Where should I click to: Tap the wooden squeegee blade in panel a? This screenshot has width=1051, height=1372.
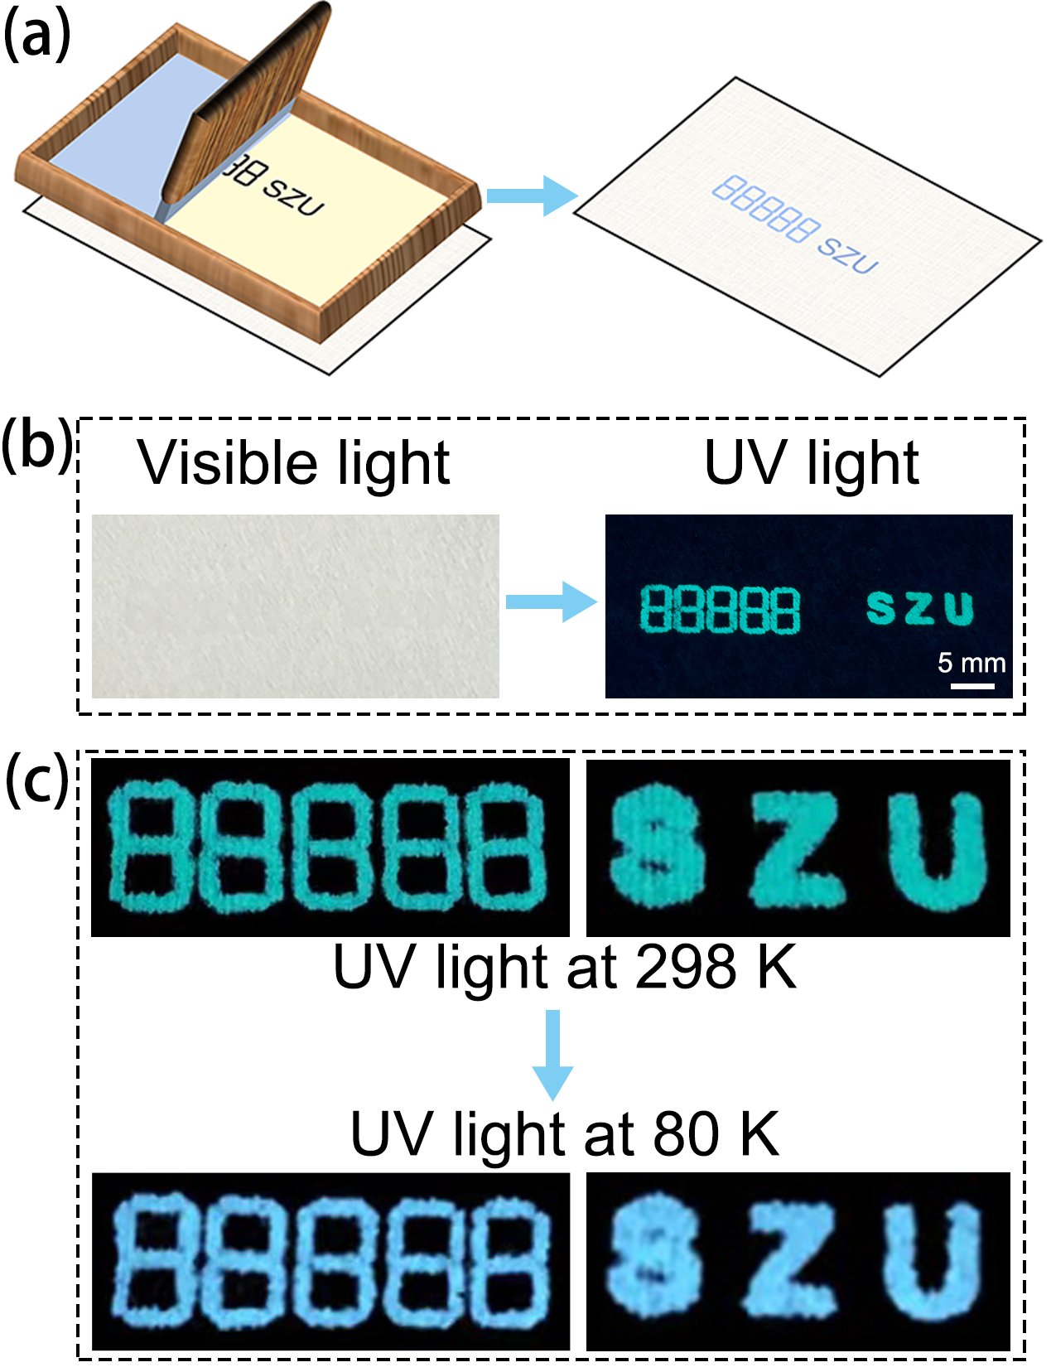pos(246,104)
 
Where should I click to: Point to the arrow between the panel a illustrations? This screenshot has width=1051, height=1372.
pos(531,196)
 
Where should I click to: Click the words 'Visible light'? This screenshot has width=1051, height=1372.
pos(294,463)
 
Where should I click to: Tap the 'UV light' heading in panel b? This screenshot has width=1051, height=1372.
pos(812,463)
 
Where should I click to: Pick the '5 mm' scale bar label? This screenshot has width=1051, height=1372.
pos(971,662)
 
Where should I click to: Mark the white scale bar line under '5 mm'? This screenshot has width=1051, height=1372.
pos(972,685)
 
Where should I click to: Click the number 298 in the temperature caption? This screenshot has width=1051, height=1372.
pos(686,967)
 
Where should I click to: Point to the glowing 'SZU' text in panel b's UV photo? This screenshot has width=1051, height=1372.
pos(920,608)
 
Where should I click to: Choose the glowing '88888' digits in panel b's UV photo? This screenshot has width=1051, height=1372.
pos(720,609)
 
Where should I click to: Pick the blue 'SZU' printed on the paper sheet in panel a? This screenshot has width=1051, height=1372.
pos(847,256)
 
